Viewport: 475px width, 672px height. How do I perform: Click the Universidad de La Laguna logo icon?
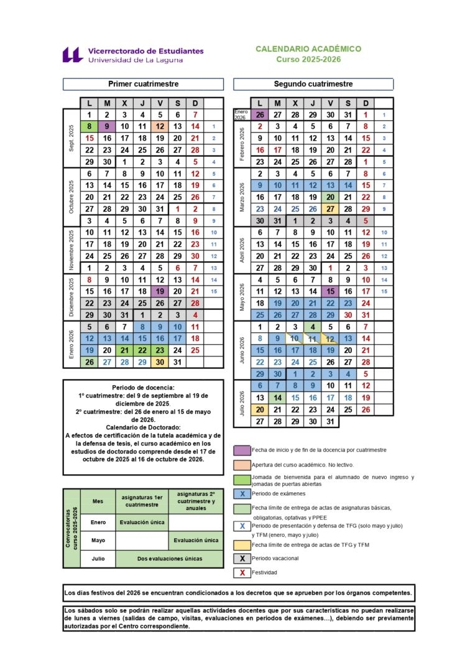click(73, 55)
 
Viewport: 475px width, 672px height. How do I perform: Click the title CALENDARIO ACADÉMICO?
click(308, 49)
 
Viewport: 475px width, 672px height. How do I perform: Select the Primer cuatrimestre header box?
click(143, 84)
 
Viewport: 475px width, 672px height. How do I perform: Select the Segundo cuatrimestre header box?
click(313, 84)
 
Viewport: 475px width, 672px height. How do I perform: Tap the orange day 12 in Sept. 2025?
click(160, 126)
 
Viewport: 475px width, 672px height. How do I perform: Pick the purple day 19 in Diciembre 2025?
click(160, 291)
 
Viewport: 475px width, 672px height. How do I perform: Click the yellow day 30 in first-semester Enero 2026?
click(160, 362)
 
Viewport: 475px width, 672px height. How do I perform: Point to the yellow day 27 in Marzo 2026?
click(331, 209)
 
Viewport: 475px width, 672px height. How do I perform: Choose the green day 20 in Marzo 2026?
click(331, 197)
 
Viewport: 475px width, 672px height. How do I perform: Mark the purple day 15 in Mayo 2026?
click(331, 291)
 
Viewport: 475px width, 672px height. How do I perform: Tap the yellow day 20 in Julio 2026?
click(260, 409)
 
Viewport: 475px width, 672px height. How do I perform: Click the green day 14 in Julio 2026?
click(277, 398)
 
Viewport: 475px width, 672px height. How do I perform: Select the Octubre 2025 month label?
click(71, 197)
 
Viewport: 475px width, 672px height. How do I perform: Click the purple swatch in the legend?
click(242, 450)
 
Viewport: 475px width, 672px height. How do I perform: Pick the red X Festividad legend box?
click(242, 572)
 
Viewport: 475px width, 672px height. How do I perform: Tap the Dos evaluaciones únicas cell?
click(170, 559)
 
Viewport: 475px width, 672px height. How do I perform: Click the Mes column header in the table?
click(98, 501)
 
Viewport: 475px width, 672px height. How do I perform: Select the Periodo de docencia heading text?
click(144, 387)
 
